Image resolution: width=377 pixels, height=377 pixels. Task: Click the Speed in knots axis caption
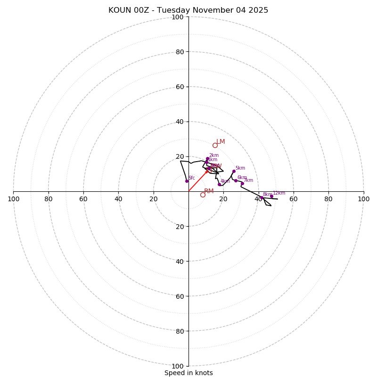(188, 373)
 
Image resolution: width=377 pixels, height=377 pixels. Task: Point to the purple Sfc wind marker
(187, 181)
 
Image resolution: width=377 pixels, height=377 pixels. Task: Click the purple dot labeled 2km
(207, 159)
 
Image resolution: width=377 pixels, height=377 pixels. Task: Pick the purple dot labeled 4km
(219, 184)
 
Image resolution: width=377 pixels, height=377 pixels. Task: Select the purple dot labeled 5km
(233, 171)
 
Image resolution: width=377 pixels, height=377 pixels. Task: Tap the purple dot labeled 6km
(236, 180)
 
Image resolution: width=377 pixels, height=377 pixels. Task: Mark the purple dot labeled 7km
(242, 184)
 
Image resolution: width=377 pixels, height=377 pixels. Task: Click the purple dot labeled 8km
(262, 197)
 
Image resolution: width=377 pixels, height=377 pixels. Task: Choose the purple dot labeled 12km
(271, 196)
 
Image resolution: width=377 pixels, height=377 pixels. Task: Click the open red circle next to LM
(215, 145)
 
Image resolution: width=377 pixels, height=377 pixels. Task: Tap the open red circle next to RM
(203, 195)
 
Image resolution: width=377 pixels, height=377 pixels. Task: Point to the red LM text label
(221, 141)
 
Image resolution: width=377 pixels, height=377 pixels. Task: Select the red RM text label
(209, 191)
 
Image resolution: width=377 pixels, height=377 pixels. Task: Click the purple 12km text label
(279, 193)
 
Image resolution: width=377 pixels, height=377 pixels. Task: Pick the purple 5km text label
(240, 168)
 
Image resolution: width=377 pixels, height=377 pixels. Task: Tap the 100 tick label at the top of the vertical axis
(177, 17)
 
